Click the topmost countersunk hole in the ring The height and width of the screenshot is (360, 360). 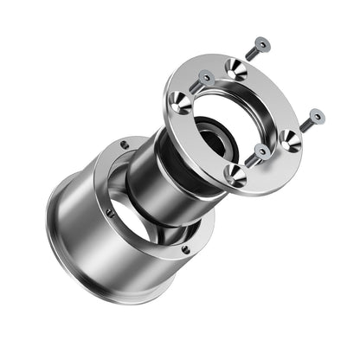[235, 68]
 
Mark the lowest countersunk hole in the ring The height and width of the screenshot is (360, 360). [235, 173]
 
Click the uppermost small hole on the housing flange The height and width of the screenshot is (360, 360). [125, 145]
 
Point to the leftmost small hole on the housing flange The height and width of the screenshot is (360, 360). [111, 210]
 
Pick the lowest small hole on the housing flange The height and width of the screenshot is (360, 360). [185, 250]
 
